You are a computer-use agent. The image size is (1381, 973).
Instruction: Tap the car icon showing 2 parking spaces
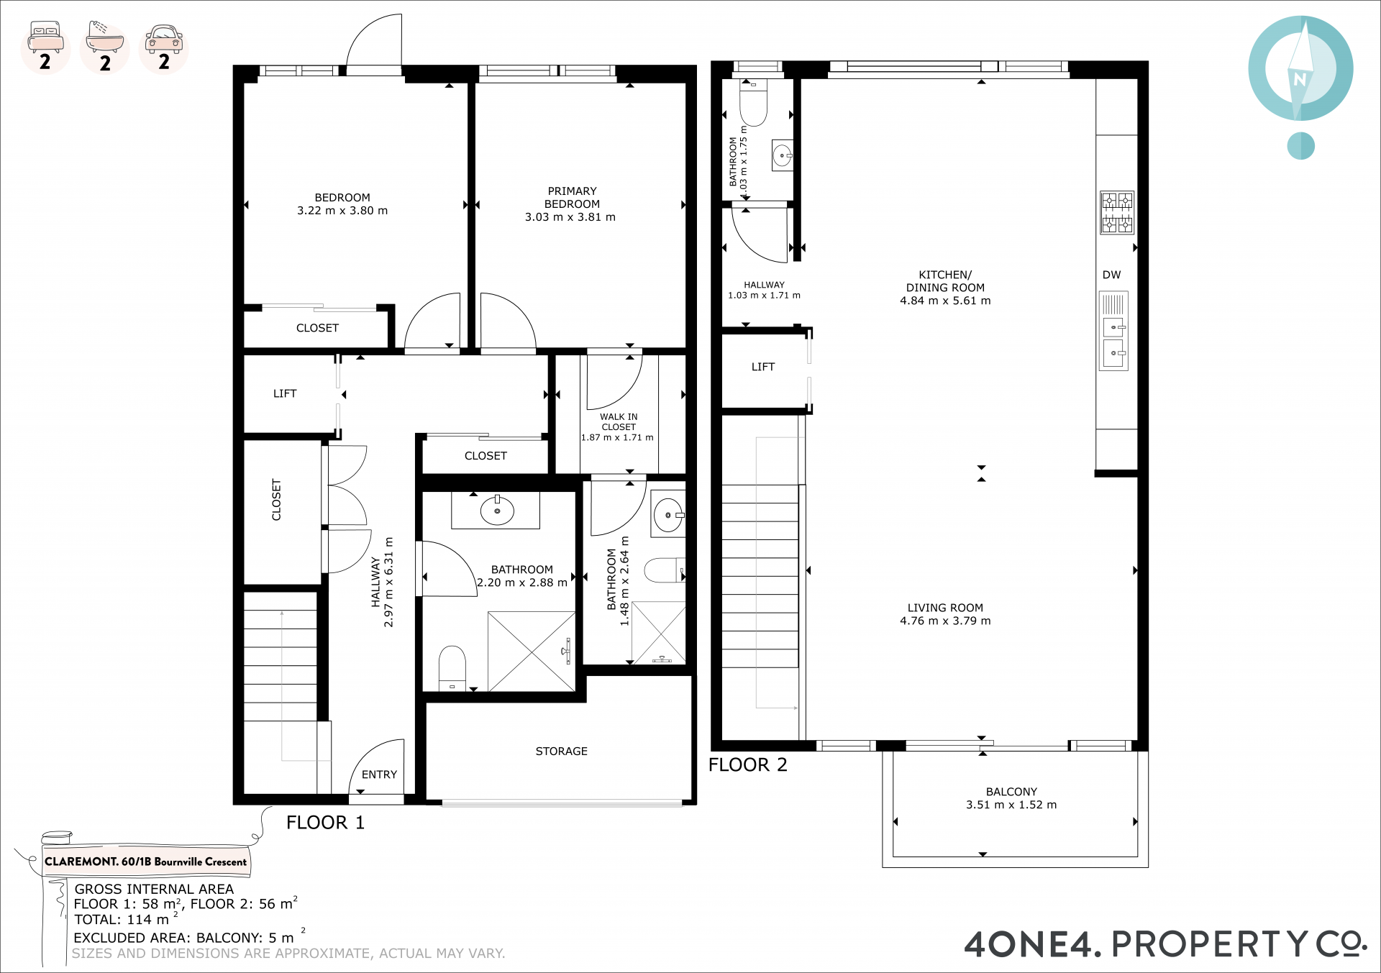(x=164, y=39)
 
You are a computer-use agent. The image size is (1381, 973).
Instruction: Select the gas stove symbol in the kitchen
(x=1117, y=213)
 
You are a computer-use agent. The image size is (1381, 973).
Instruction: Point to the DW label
(x=1111, y=275)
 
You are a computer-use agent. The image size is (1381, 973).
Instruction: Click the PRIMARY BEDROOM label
(x=572, y=198)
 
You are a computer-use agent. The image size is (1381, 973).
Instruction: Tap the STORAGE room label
(x=561, y=752)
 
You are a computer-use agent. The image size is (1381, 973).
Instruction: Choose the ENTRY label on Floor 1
(x=379, y=775)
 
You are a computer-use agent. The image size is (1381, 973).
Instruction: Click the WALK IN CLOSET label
(x=619, y=421)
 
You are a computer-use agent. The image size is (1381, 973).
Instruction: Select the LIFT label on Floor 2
(x=763, y=367)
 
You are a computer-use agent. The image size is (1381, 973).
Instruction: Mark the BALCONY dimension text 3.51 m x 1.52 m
(x=1011, y=805)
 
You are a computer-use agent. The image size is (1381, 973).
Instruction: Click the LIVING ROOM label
(x=945, y=608)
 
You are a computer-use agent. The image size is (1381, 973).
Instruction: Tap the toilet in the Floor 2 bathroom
(x=754, y=102)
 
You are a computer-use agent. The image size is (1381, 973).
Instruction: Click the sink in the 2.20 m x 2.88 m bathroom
(x=497, y=510)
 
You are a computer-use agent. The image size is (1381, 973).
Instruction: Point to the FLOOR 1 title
(x=325, y=823)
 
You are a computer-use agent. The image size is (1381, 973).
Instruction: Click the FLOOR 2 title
(x=748, y=765)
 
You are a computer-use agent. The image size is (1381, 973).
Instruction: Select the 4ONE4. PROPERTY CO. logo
(x=1165, y=944)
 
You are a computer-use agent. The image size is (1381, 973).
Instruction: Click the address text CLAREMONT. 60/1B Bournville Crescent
(x=145, y=862)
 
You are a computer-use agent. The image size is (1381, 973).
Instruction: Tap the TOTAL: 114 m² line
(x=126, y=919)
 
